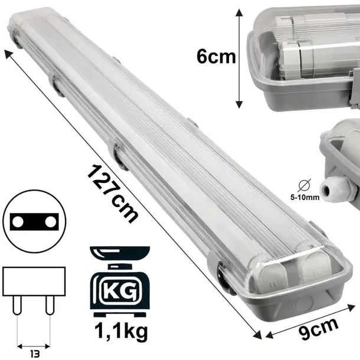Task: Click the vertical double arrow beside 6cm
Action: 239,58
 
